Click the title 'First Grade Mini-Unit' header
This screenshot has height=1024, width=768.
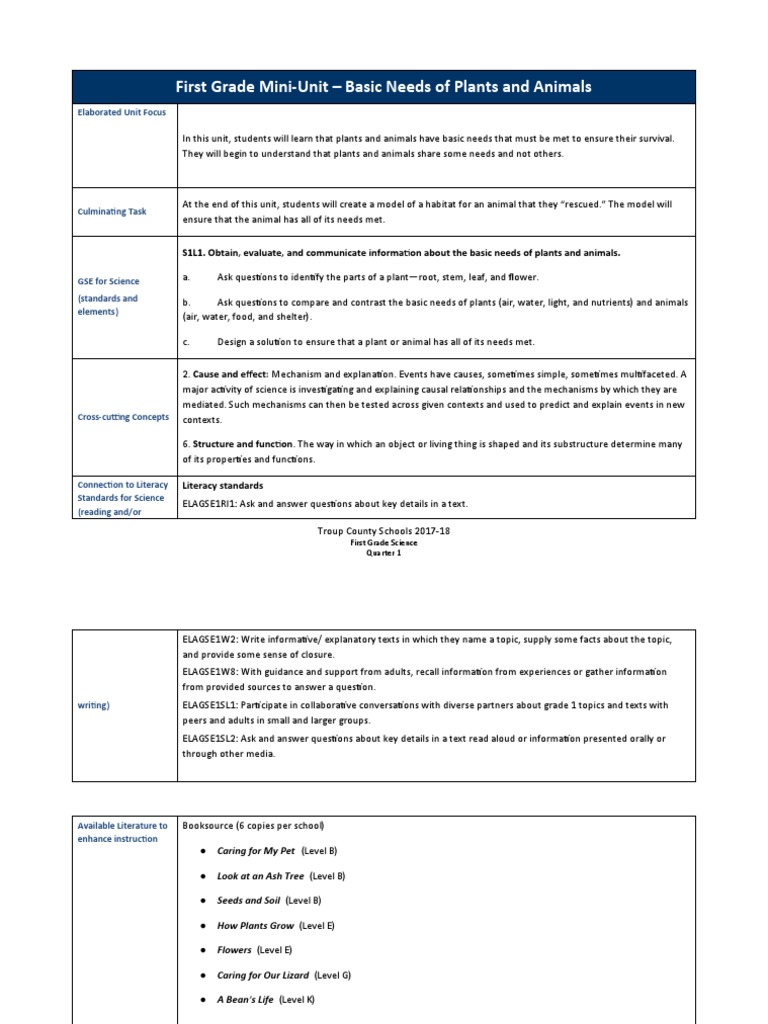click(x=384, y=87)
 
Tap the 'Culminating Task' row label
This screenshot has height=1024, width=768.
click(x=111, y=211)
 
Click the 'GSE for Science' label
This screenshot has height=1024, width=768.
click(x=109, y=281)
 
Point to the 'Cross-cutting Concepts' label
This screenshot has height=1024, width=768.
click(x=123, y=417)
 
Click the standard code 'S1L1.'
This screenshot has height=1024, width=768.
click(x=194, y=252)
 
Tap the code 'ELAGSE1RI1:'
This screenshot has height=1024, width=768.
click(x=210, y=504)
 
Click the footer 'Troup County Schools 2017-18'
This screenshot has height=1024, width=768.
click(x=383, y=531)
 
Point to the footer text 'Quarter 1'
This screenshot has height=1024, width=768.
click(x=383, y=553)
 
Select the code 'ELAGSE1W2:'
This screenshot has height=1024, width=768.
click(x=209, y=639)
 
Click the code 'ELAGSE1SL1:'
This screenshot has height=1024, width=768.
click(x=211, y=705)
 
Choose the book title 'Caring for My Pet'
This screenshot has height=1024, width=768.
click(x=256, y=851)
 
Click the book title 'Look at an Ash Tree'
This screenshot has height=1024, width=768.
click(x=260, y=876)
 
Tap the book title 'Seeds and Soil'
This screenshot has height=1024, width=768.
click(x=249, y=901)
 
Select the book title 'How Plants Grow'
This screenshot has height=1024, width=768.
click(x=255, y=926)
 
